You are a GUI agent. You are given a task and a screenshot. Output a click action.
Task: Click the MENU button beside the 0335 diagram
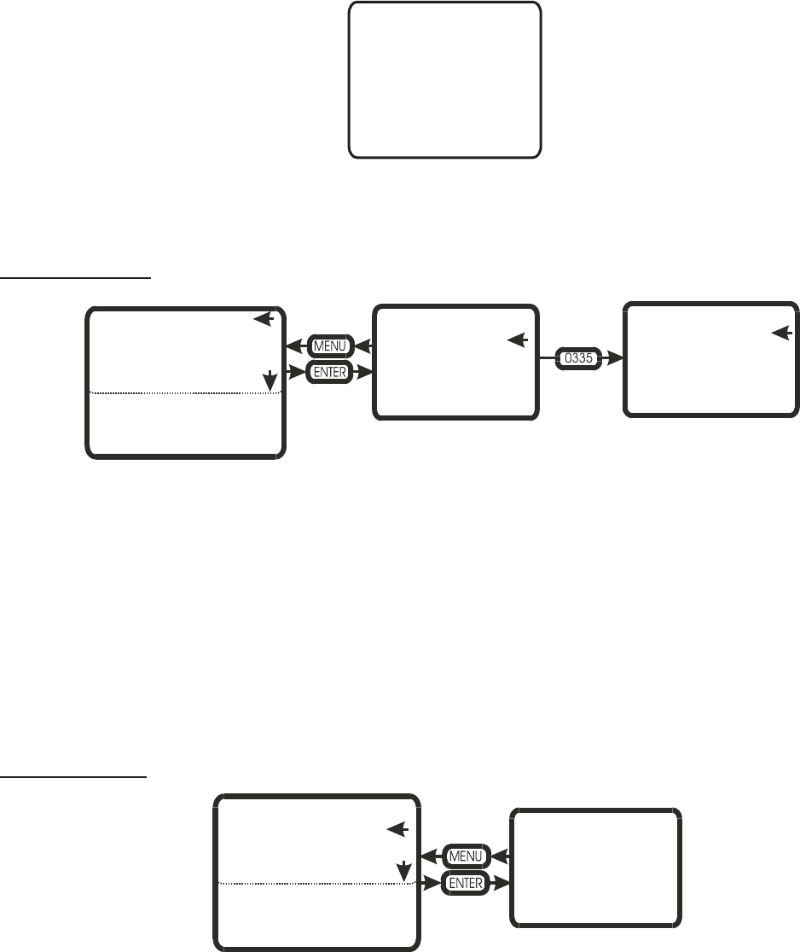coord(327,347)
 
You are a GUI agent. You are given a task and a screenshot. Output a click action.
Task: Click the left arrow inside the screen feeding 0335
coord(517,340)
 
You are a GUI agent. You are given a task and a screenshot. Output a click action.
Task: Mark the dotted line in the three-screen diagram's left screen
coord(183,392)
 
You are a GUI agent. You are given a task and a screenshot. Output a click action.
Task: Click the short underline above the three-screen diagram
coord(76,276)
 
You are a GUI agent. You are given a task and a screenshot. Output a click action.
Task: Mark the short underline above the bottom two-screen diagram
coord(74,777)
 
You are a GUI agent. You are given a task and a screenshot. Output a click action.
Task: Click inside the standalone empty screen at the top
coord(444,79)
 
